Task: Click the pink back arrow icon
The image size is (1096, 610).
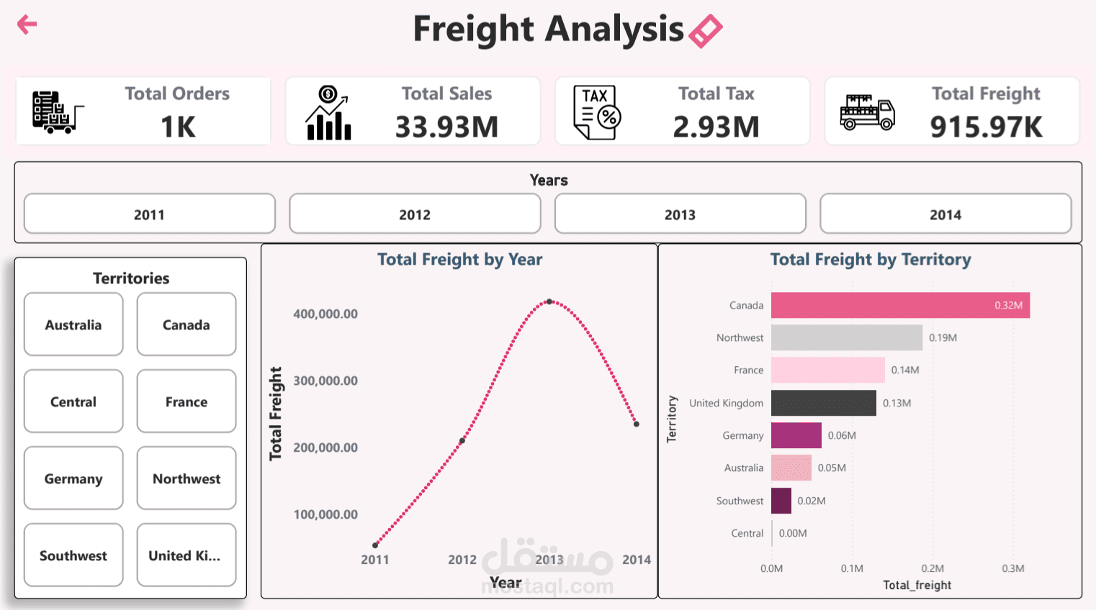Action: point(27,24)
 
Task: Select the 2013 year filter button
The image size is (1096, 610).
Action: point(680,214)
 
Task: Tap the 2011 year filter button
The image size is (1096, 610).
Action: point(149,214)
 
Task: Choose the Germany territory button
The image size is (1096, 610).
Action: point(73,478)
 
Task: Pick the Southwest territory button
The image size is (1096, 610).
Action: point(73,555)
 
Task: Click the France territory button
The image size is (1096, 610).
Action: point(187,401)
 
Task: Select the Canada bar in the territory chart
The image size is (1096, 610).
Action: point(900,305)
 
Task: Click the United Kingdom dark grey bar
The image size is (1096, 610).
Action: point(823,403)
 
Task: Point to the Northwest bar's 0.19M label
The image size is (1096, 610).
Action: point(943,337)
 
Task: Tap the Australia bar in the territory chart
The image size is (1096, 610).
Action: point(791,468)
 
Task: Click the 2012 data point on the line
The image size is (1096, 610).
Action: point(462,440)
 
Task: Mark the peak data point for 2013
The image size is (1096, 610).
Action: point(549,302)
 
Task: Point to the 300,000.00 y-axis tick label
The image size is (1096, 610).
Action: point(325,381)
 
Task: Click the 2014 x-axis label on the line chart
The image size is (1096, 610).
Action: point(637,560)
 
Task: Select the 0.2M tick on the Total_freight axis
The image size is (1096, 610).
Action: point(933,568)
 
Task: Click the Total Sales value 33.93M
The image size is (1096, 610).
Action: point(446,127)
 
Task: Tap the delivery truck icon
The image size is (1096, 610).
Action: point(867,112)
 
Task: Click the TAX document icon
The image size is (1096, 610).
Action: point(597,112)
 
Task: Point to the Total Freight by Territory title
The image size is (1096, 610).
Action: point(871,260)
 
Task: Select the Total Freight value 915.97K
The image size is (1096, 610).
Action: point(986,127)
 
